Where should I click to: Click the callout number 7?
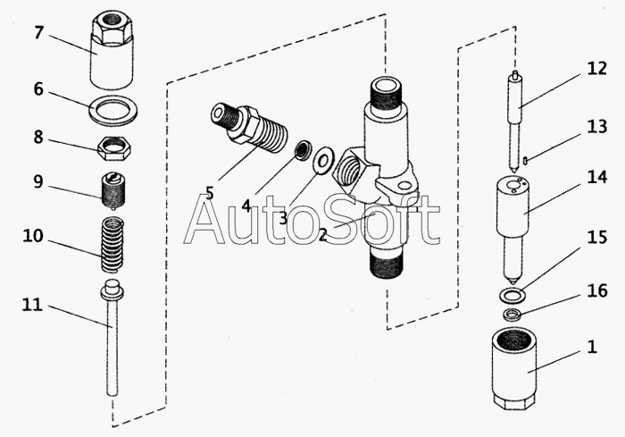point(38,32)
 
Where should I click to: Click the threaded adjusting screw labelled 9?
point(112,190)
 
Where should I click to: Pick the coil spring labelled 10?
point(112,245)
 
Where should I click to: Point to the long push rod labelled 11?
point(112,338)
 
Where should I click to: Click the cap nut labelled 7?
point(112,50)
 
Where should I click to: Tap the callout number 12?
point(596,69)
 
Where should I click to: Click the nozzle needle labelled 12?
point(516,121)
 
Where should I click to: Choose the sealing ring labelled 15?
point(512,295)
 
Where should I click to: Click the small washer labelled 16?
point(512,315)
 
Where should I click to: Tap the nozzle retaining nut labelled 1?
point(514,369)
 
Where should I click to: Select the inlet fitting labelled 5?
point(249,129)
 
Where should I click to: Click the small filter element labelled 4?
point(304,150)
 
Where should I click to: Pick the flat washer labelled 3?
point(322,161)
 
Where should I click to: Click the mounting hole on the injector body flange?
point(404,187)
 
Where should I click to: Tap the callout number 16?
point(597,290)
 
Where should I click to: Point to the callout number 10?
point(33,236)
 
